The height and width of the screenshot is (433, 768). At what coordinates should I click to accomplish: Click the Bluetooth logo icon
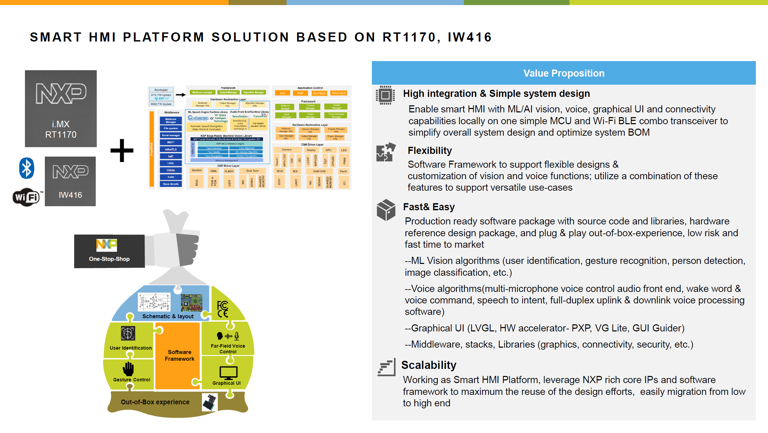pyautogui.click(x=27, y=168)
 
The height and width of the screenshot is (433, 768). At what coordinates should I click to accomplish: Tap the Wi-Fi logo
pyautogui.click(x=26, y=197)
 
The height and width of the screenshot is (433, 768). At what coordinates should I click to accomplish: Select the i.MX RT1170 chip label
pyautogui.click(x=61, y=129)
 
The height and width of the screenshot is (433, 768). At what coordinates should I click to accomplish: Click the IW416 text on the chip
pyautogui.click(x=70, y=195)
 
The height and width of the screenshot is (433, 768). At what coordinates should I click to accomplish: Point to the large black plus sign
pyautogui.click(x=122, y=151)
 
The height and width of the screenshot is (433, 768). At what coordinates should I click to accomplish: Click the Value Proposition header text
pyautogui.click(x=563, y=73)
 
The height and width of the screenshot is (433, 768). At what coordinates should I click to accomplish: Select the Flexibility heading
pyautogui.click(x=430, y=151)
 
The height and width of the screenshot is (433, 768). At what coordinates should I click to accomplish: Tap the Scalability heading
pyautogui.click(x=429, y=365)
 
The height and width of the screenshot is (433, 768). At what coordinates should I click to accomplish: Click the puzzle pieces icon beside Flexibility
pyautogui.click(x=386, y=152)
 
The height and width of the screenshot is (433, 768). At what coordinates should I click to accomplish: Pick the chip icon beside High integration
pyautogui.click(x=385, y=95)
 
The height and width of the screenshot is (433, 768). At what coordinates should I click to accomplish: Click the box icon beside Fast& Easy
pyautogui.click(x=386, y=210)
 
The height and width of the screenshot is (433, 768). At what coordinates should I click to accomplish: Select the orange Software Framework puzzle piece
pyautogui.click(x=179, y=355)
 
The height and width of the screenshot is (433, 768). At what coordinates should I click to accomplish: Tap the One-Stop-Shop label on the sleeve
pyautogui.click(x=109, y=259)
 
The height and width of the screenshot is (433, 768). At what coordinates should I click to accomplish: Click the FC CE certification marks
pyautogui.click(x=223, y=309)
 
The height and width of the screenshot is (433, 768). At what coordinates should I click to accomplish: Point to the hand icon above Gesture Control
pyautogui.click(x=128, y=369)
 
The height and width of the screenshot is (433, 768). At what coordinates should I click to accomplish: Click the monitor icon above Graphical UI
pyautogui.click(x=228, y=373)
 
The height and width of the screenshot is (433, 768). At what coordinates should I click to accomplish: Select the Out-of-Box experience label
pyautogui.click(x=155, y=402)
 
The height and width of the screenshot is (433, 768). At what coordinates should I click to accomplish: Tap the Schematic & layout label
pyautogui.click(x=168, y=316)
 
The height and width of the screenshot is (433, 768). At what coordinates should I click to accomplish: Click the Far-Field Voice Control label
pyautogui.click(x=228, y=349)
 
